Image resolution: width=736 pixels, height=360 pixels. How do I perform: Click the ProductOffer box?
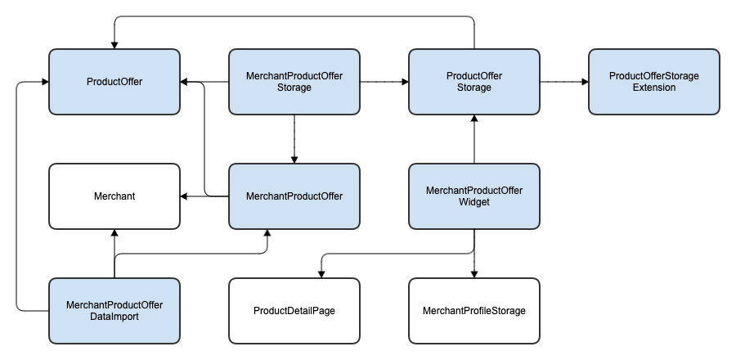click(x=114, y=82)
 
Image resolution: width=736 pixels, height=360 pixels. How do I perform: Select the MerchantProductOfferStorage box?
click(x=294, y=82)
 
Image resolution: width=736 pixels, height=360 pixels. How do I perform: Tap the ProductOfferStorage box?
click(x=474, y=82)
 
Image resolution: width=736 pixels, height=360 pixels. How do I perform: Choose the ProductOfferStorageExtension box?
click(x=654, y=82)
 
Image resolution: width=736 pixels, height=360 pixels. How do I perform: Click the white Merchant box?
click(x=114, y=196)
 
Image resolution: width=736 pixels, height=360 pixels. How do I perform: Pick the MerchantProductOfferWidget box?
click(x=474, y=196)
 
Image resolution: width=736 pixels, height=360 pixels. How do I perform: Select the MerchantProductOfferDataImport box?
click(x=114, y=311)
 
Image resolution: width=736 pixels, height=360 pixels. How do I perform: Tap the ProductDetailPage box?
click(x=294, y=311)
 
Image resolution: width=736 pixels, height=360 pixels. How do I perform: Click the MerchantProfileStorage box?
click(x=474, y=311)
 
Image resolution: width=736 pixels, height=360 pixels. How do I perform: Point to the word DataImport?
click(x=114, y=317)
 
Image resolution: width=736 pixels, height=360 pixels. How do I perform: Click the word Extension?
click(x=654, y=88)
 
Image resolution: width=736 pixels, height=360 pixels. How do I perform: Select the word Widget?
click(x=474, y=202)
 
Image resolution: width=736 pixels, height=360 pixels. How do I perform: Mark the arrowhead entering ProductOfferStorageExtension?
click(x=585, y=82)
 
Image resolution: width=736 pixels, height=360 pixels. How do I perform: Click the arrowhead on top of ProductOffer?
click(x=114, y=46)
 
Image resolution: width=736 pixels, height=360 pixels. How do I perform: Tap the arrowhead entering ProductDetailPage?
click(x=321, y=275)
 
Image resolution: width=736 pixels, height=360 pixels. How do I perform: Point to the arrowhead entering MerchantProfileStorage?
click(x=474, y=275)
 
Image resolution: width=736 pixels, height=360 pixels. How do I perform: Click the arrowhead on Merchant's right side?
click(x=184, y=196)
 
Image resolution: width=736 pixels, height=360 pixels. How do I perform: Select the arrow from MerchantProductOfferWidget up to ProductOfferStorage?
click(x=474, y=139)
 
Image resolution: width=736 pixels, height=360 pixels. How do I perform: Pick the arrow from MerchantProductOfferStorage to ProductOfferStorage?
click(x=384, y=82)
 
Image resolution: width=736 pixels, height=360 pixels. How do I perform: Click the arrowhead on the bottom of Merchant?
click(x=114, y=233)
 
